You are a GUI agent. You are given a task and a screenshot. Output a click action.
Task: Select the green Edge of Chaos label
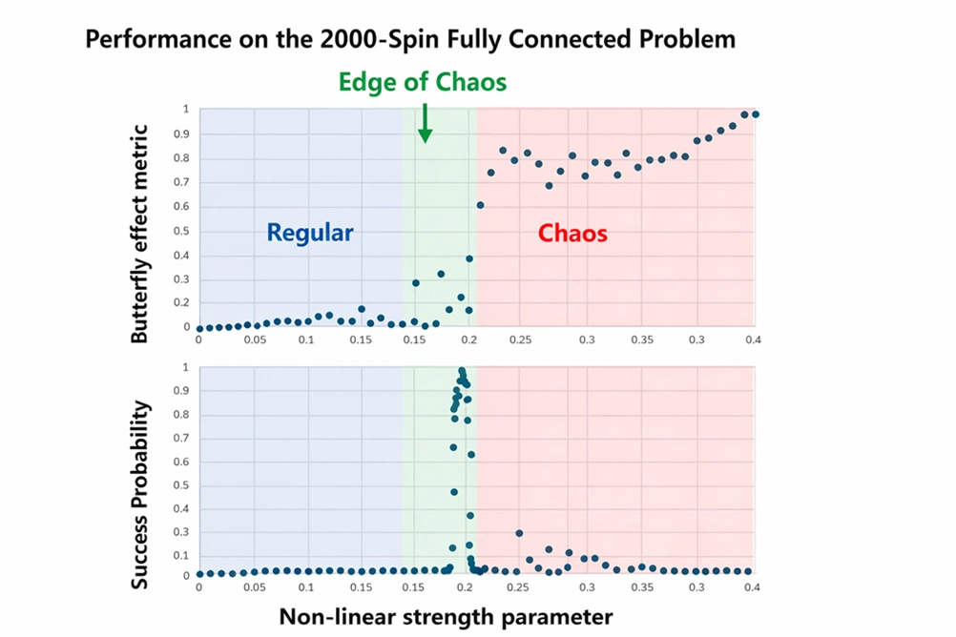423,82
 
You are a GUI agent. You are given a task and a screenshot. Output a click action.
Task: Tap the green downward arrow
425,124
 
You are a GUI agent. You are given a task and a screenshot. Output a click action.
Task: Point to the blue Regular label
310,233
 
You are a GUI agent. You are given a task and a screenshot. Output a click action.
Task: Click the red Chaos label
572,233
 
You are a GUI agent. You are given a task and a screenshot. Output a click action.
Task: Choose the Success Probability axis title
140,494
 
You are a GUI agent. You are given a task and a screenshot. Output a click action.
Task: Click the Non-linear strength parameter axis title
446,616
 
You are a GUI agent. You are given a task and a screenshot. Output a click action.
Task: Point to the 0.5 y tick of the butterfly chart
184,230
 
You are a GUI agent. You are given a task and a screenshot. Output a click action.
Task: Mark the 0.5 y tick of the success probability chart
184,484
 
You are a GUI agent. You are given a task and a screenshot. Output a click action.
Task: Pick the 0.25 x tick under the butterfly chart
521,339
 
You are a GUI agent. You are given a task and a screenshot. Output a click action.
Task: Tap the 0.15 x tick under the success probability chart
361,588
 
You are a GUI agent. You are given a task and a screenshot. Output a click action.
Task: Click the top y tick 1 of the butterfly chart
186,109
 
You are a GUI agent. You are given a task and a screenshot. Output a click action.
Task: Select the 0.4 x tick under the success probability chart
752,588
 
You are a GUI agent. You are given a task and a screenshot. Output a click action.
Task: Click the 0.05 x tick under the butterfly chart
254,339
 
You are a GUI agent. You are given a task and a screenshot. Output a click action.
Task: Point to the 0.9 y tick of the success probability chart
184,391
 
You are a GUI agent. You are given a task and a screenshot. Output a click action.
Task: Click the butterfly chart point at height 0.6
481,205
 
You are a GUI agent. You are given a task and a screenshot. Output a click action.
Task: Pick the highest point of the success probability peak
462,370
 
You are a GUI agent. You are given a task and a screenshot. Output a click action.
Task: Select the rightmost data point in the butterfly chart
756,114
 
